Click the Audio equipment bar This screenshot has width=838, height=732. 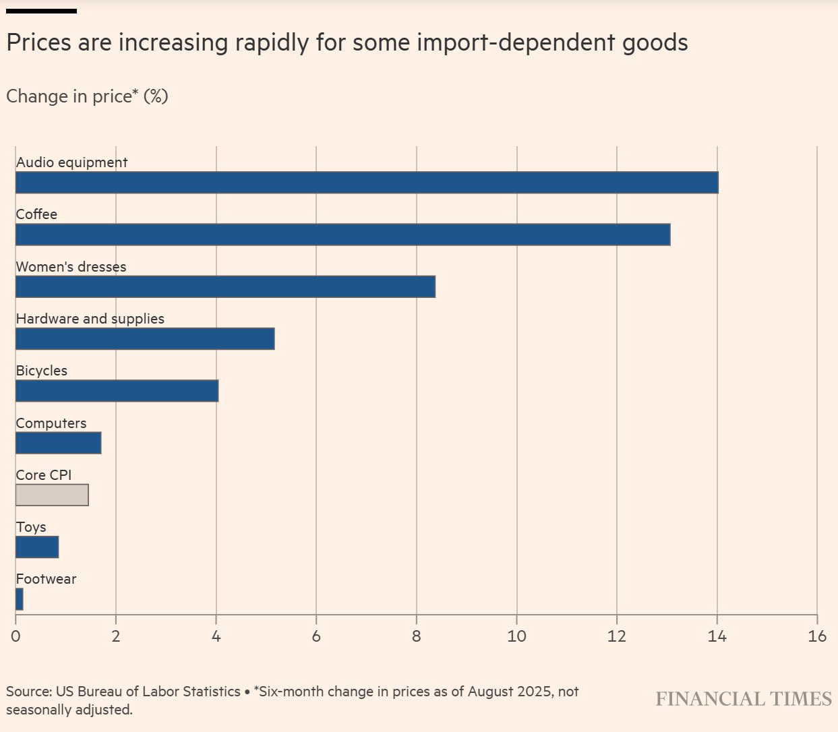(367, 183)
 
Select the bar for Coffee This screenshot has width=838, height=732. (342, 235)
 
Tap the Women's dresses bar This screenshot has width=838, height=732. (225, 286)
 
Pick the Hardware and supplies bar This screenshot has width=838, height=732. (145, 338)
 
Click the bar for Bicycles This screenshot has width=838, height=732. (117, 391)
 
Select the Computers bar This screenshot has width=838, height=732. (58, 443)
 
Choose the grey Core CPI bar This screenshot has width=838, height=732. (52, 495)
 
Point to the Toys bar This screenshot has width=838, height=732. (37, 547)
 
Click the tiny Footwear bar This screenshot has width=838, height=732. (20, 599)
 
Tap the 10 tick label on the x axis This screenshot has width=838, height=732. (516, 636)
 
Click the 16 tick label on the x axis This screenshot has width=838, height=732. (816, 636)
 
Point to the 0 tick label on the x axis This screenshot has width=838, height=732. (16, 636)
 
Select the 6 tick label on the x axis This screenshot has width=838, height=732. (316, 636)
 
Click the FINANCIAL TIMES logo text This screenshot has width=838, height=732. (744, 699)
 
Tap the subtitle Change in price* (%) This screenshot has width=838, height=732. (87, 96)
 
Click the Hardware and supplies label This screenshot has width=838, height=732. (90, 319)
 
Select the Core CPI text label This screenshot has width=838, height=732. (43, 475)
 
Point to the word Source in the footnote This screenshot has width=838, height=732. (28, 692)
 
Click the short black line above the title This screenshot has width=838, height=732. (41, 11)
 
